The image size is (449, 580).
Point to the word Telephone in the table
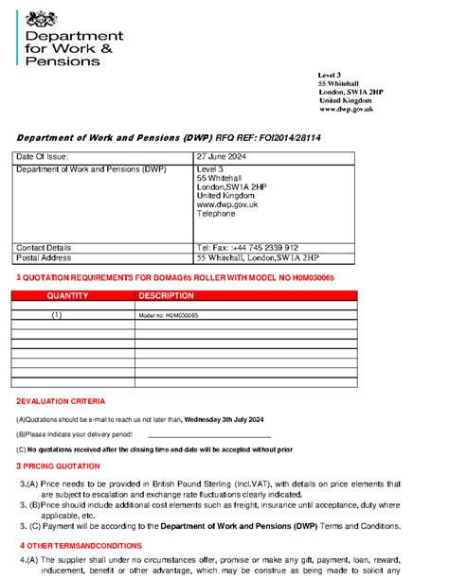tap(215, 214)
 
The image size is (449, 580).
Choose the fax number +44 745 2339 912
tap(265, 247)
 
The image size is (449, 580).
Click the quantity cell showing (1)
tap(57, 314)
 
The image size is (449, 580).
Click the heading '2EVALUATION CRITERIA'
tap(67, 401)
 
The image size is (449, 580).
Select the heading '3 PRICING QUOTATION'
tap(58, 466)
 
